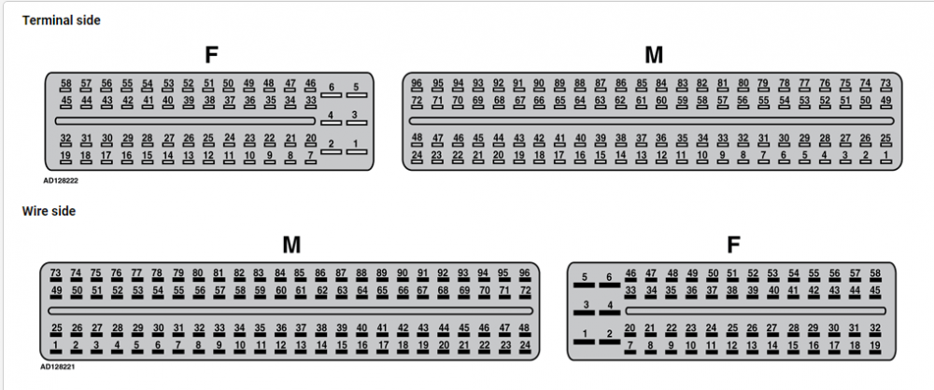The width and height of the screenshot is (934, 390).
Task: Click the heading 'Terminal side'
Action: tap(61, 21)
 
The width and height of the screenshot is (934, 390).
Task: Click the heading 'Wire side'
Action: tap(49, 212)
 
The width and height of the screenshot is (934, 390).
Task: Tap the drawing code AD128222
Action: tap(60, 179)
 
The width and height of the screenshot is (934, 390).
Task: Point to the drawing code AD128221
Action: tap(59, 368)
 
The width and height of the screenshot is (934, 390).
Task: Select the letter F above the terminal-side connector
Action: tap(211, 55)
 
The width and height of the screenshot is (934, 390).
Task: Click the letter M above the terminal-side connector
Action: tap(654, 55)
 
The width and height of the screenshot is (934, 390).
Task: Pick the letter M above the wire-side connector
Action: tap(291, 244)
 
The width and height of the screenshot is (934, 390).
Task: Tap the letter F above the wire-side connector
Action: tap(734, 244)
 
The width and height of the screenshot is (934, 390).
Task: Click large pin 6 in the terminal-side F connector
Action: tap(332, 90)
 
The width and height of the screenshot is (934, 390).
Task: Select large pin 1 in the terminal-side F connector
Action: tap(356, 146)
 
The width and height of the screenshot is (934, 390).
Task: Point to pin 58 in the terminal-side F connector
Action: tap(65, 86)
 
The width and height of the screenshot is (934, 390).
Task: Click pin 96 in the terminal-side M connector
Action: tap(417, 86)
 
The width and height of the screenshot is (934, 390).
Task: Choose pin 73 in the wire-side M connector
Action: tap(56, 275)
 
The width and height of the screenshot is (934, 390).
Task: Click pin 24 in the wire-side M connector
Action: tap(525, 347)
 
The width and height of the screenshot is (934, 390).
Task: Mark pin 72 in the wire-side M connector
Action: tap(525, 294)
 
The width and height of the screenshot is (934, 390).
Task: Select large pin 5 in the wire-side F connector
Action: tap(585, 280)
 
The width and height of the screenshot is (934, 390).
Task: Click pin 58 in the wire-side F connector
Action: tap(875, 275)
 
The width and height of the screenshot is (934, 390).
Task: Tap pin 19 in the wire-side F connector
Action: tap(875, 347)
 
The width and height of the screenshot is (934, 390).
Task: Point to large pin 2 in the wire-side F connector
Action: tap(609, 337)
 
